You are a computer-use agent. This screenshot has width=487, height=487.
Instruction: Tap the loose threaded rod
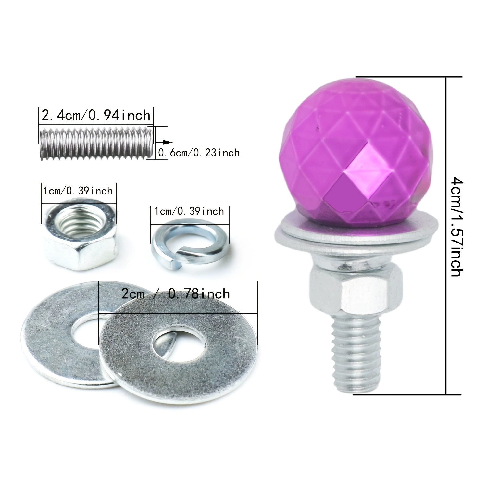click(96, 143)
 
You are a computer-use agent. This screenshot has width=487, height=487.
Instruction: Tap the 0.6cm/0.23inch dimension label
click(199, 153)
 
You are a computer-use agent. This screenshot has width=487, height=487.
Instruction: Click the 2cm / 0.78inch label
click(176, 294)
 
